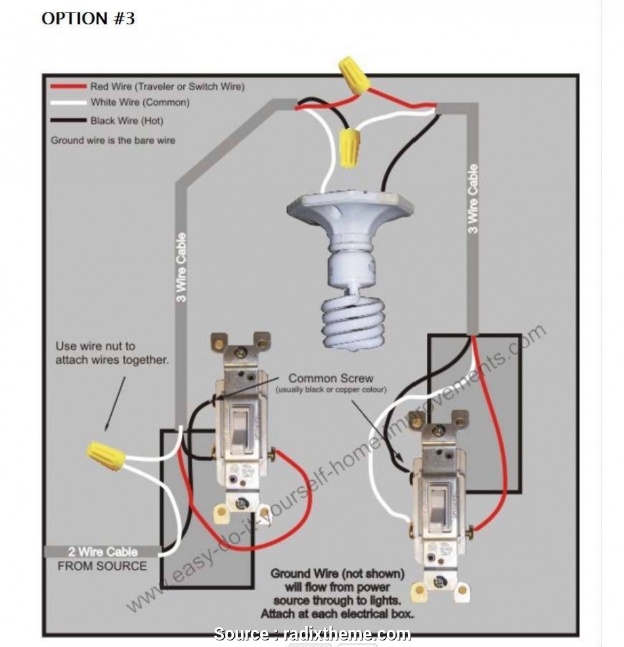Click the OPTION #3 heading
[x=88, y=18]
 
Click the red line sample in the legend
[x=68, y=86]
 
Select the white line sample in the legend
[x=68, y=102]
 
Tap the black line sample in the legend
[x=68, y=121]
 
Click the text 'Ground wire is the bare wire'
[x=113, y=140]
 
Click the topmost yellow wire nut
[x=353, y=74]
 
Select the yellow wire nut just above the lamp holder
[x=349, y=148]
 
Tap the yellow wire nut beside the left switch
[x=106, y=455]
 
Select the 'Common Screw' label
[x=331, y=378]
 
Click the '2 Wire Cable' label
[x=102, y=552]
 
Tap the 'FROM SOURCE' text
[x=102, y=566]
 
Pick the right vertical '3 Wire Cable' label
[x=473, y=198]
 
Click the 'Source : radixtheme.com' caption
[x=313, y=634]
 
